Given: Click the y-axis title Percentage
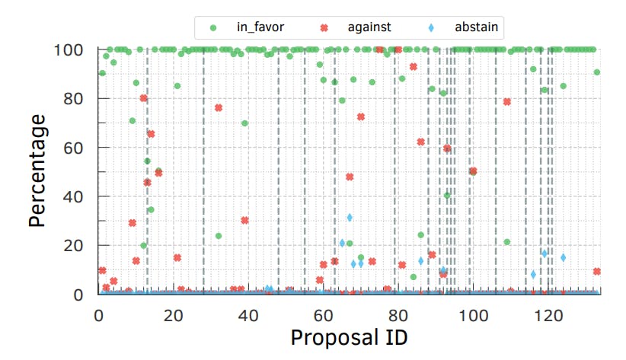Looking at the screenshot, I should coord(38,170).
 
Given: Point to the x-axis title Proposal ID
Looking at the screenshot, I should coord(349,336).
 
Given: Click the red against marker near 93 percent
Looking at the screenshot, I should coord(414,67).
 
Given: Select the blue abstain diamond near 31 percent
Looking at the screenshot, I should coord(350,218).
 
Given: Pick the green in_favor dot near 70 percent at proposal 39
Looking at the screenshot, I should coord(244,123).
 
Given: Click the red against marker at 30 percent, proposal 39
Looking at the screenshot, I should coord(244,221).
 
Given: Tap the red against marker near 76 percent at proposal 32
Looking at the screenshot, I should coord(219,107).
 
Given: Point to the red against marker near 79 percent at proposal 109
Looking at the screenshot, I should coord(506,102).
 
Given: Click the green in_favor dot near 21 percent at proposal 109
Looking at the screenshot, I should coord(506,242).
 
